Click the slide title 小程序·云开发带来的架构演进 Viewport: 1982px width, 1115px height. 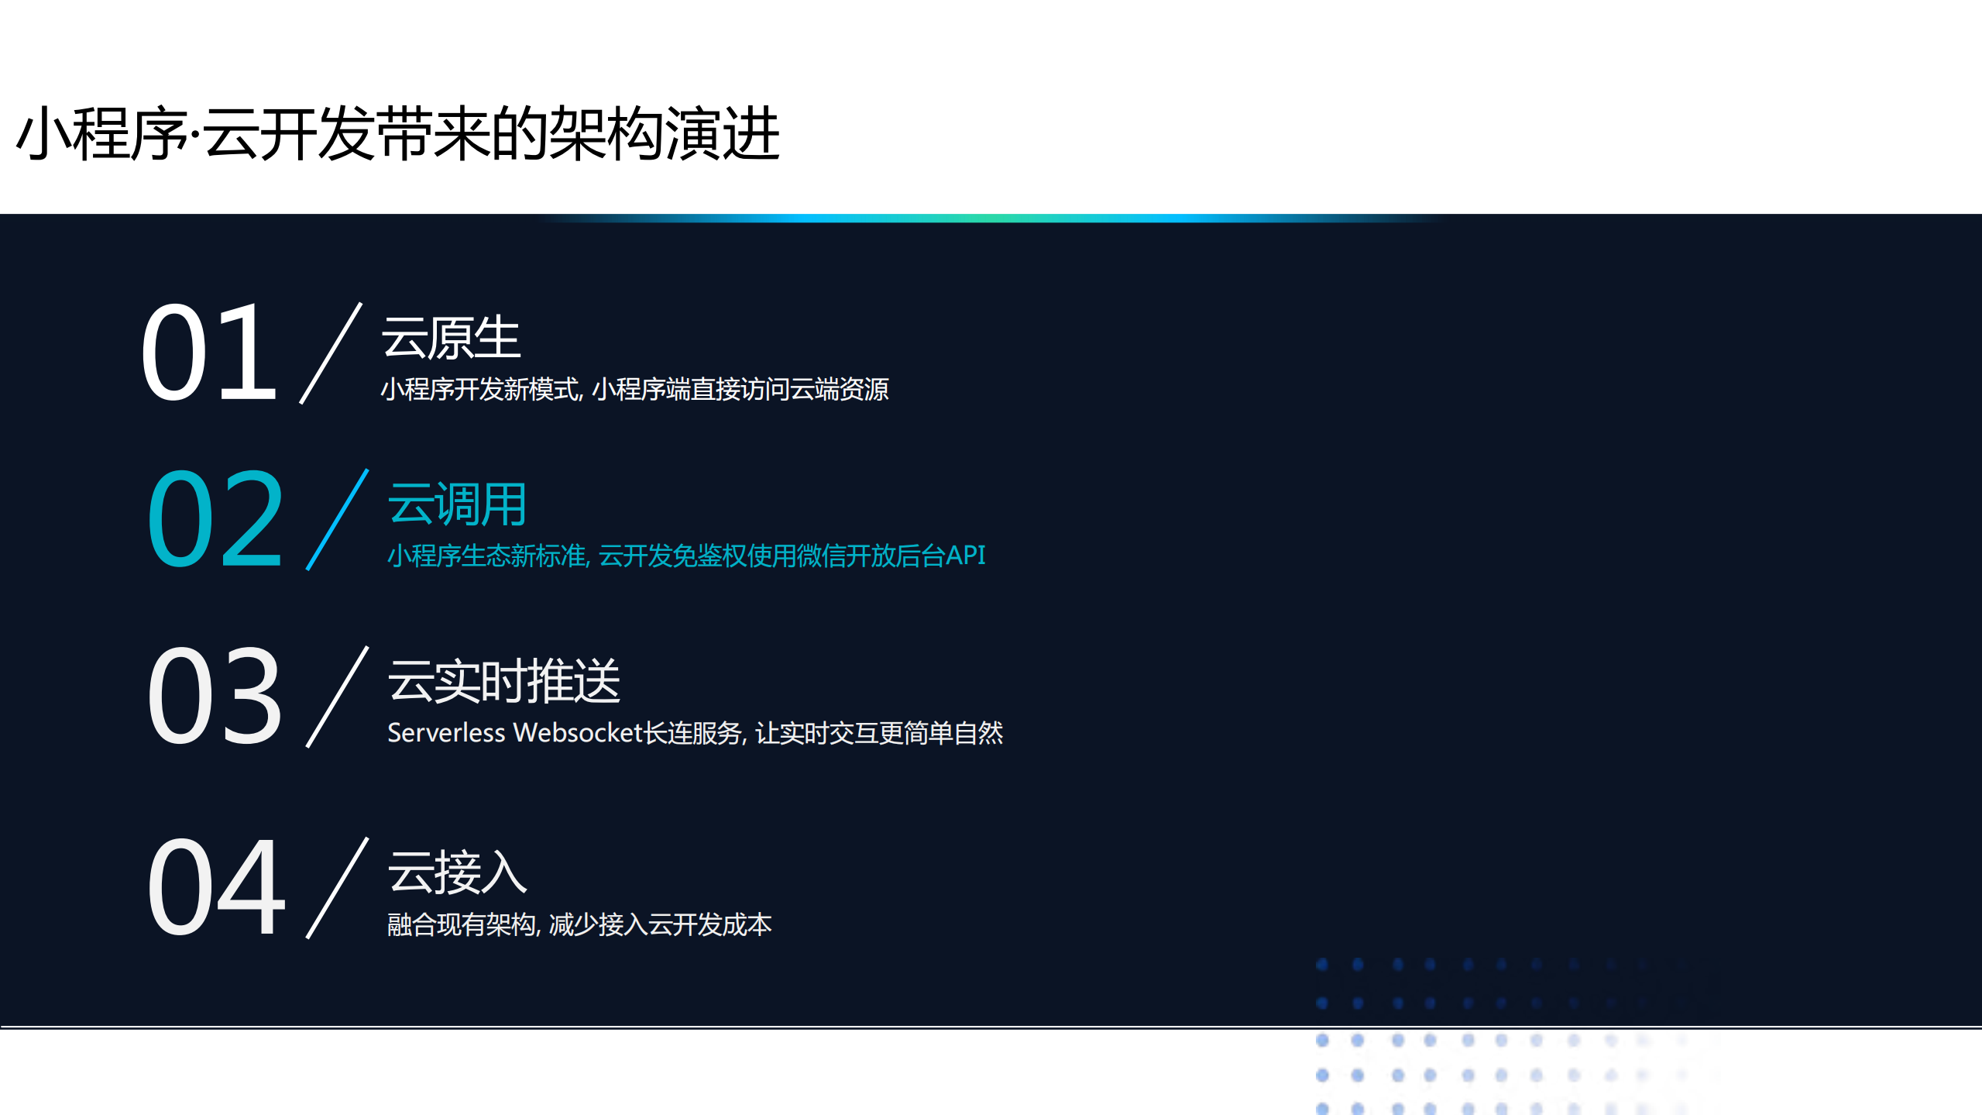(397, 134)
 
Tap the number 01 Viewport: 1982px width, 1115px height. (209, 353)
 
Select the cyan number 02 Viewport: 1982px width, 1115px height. (215, 519)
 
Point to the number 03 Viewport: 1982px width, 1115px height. (215, 695)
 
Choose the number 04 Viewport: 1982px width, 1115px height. (217, 887)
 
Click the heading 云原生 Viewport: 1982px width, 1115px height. (451, 339)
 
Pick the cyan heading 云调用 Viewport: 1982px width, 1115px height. (457, 504)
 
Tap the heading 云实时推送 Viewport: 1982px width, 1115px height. (504, 681)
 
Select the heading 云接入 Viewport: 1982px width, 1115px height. (457, 872)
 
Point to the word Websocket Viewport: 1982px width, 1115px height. (578, 733)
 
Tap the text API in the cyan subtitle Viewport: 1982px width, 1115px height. (965, 556)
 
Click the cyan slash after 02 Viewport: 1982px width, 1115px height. (337, 519)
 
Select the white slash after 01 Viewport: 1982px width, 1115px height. (331, 353)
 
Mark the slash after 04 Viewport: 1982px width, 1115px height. (337, 887)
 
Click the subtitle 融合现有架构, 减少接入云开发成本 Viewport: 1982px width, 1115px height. (579, 924)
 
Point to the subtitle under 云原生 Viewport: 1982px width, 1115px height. (634, 389)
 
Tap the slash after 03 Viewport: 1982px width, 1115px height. (337, 696)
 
